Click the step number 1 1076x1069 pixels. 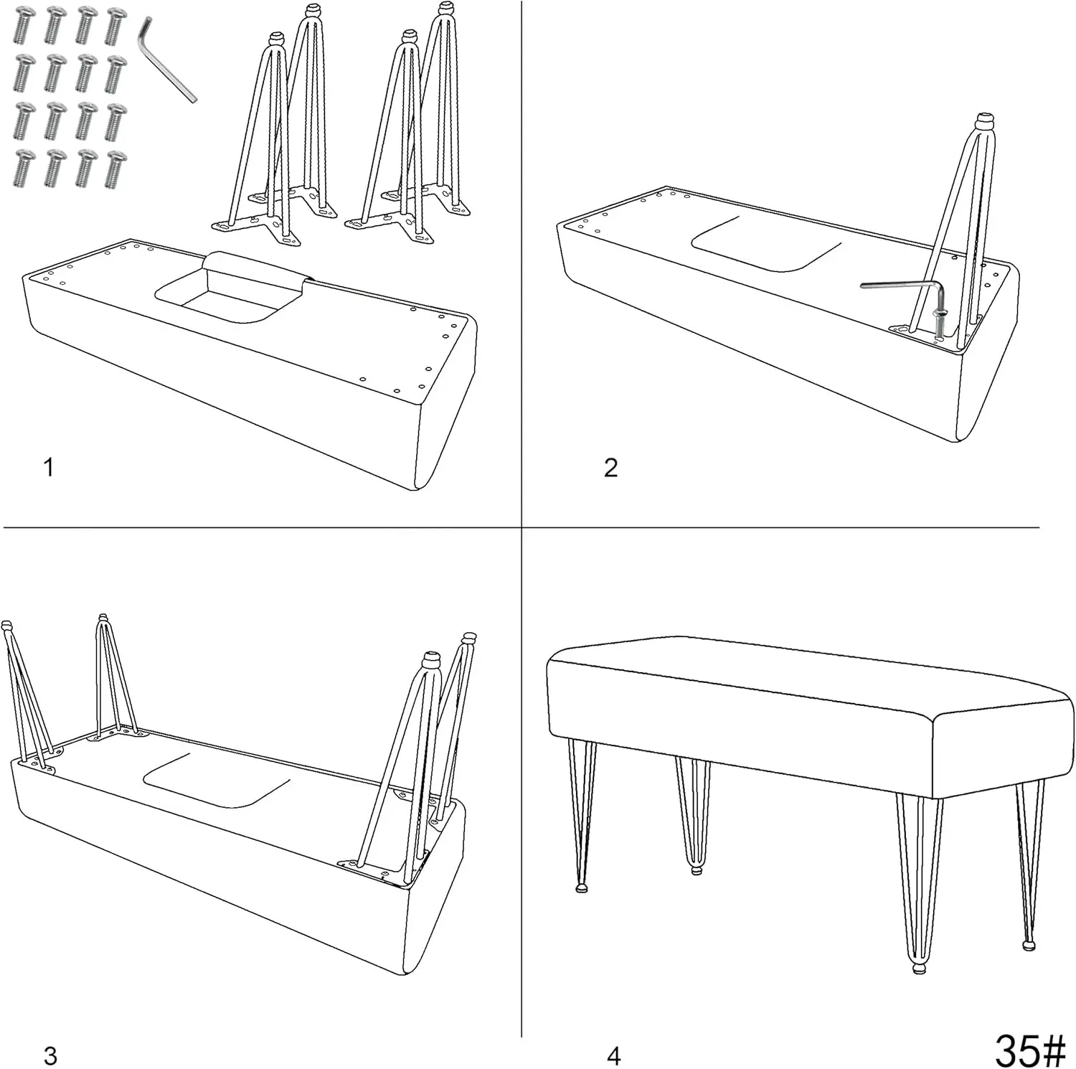tap(48, 468)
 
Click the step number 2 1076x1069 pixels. tap(610, 468)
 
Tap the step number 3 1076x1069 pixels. tap(49, 1056)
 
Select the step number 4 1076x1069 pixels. tap(613, 1056)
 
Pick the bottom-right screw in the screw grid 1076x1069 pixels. tap(115, 169)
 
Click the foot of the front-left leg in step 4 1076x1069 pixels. tap(582, 887)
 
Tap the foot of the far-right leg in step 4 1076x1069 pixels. tap(1029, 945)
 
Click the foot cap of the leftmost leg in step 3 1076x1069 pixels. tap(7, 626)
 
